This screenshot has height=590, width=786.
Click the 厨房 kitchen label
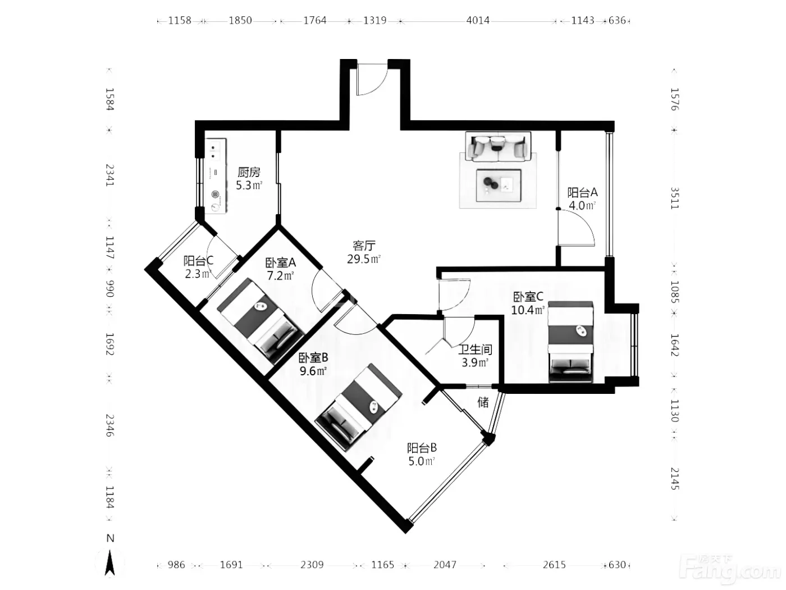tap(249, 173)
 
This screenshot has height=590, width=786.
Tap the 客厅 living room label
tap(364, 246)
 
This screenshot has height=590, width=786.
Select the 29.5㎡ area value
tap(363, 258)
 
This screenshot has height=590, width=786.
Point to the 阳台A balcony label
tap(582, 193)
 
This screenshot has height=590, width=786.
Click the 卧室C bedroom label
tap(528, 297)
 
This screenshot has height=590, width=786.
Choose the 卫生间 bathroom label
tap(475, 350)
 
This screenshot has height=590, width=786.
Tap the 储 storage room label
tap(483, 402)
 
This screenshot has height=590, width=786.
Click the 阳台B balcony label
tap(422, 448)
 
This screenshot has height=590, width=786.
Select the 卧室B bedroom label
tap(313, 357)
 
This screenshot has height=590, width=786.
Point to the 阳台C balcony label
tap(198, 260)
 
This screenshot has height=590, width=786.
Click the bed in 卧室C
tap(571, 342)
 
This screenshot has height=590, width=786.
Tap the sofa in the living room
tap(498, 146)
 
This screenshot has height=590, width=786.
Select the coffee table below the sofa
tap(499, 185)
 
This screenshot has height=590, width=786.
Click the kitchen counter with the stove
tap(216, 176)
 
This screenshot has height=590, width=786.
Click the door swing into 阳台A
tap(576, 228)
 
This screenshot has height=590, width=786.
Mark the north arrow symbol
tap(110, 556)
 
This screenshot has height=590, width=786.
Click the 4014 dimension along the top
tap(478, 20)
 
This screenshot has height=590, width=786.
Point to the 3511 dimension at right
tap(675, 198)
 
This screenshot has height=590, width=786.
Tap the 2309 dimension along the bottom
tap(312, 565)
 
